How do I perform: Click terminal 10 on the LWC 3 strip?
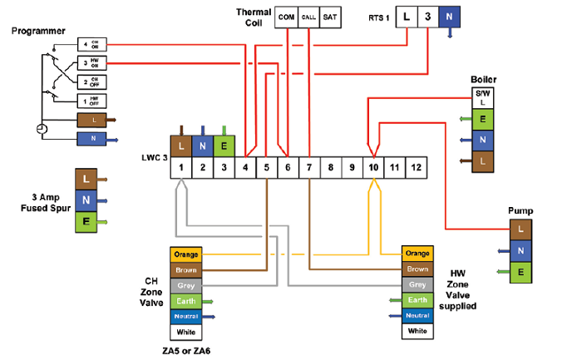click(x=373, y=168)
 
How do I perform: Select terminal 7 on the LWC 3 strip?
click(x=308, y=168)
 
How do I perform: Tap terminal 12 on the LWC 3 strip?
click(x=417, y=168)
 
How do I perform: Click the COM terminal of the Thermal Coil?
click(x=287, y=16)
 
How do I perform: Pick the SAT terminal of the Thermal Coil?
click(x=329, y=16)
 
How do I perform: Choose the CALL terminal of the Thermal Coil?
click(x=308, y=16)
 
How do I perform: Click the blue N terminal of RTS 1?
click(x=449, y=16)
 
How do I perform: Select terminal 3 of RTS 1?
click(x=426, y=16)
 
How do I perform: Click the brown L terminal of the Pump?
click(x=520, y=228)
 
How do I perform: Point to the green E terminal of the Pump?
click(x=520, y=270)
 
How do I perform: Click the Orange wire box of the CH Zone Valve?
click(x=185, y=254)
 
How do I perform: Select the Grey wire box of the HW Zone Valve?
click(x=417, y=285)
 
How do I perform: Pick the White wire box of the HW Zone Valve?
click(x=417, y=331)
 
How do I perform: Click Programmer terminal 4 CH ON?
click(x=90, y=43)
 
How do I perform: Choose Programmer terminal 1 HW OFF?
click(x=90, y=101)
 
